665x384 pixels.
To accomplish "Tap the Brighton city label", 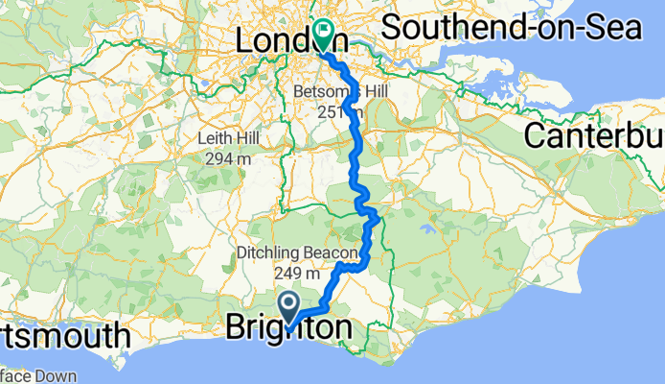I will click(287, 329).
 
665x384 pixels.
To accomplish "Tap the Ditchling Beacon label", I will click(297, 254).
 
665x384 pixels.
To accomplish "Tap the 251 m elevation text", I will click(340, 112).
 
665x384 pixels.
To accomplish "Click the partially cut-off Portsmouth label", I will click(63, 336).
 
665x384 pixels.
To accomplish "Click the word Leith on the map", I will click(214, 138).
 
